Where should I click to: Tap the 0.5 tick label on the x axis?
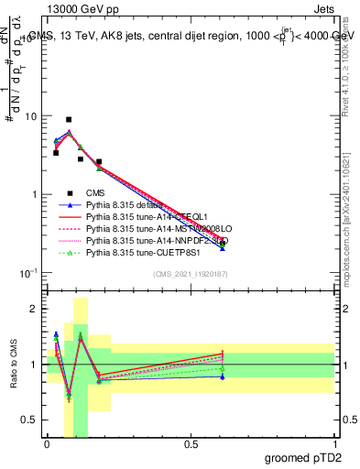(191, 443)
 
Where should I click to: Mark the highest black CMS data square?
(69, 119)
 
